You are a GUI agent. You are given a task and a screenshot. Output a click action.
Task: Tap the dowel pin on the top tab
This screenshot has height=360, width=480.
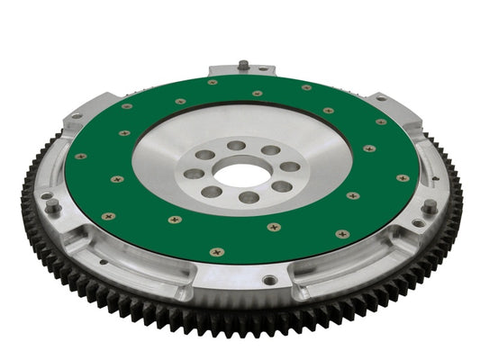242,65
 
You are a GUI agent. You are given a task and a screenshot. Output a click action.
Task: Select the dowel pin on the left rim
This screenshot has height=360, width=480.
54,207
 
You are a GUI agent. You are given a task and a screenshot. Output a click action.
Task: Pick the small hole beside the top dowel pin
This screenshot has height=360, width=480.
262,68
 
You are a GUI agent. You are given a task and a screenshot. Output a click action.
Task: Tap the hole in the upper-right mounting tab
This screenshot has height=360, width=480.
382,98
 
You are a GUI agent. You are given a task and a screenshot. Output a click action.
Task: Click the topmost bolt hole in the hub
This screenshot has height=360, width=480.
236,144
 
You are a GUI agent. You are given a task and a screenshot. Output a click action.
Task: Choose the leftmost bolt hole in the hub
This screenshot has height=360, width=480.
193,174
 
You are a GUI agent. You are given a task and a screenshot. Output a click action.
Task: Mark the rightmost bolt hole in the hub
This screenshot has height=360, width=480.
290,166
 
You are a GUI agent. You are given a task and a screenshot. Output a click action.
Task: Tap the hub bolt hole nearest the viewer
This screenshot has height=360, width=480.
249,197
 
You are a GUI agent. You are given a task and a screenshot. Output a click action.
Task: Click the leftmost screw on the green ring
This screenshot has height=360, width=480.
81,156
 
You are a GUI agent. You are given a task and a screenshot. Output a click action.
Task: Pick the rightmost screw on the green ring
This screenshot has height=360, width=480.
403,178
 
